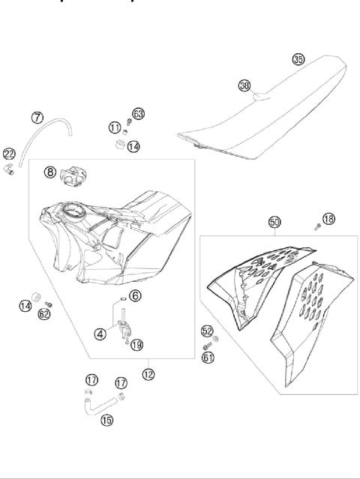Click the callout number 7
click(x=37, y=117)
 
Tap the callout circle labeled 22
click(x=9, y=153)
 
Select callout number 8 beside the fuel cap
click(x=49, y=172)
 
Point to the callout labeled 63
click(x=138, y=113)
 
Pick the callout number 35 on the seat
click(x=298, y=59)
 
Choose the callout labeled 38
click(x=244, y=85)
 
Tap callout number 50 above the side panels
click(x=274, y=222)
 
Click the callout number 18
click(x=328, y=218)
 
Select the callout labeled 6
click(x=135, y=295)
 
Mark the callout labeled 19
click(x=136, y=345)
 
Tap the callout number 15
click(x=107, y=420)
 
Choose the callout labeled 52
click(x=206, y=331)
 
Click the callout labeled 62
click(x=44, y=314)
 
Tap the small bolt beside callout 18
click(x=317, y=225)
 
